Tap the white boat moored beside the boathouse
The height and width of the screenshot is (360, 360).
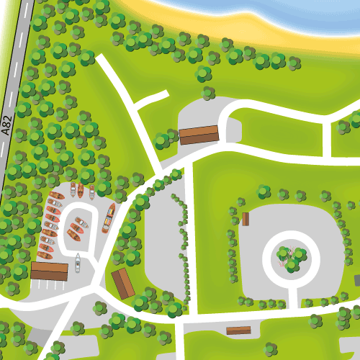coord(76,264)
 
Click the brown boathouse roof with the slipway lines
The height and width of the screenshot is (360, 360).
coord(49,271)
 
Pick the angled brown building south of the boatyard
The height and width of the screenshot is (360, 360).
coord(123,283)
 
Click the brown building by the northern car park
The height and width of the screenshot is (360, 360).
coord(199,134)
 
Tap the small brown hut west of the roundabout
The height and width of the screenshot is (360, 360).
coord(246,219)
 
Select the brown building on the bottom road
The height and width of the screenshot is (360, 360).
coord(238,330)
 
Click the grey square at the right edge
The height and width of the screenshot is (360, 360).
coord(357,279)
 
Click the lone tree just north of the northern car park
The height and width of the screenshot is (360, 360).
coord(209,92)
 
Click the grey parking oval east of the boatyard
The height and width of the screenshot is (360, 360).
coord(162,245)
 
